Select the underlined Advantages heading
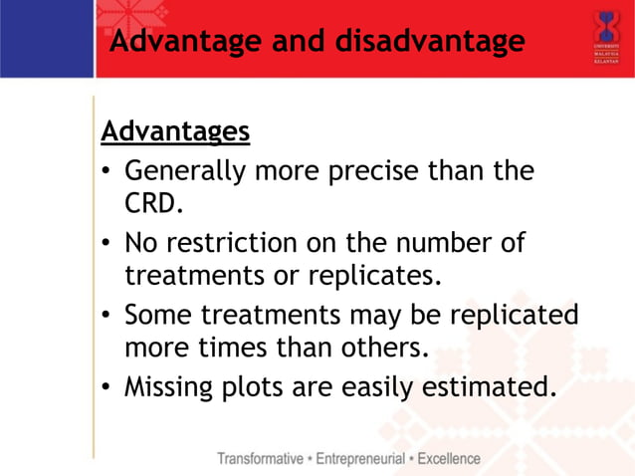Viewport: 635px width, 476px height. (175, 131)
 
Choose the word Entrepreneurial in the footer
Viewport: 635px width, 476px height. (360, 459)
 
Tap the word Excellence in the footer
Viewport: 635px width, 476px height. (449, 459)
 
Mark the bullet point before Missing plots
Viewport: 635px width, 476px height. (106, 386)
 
